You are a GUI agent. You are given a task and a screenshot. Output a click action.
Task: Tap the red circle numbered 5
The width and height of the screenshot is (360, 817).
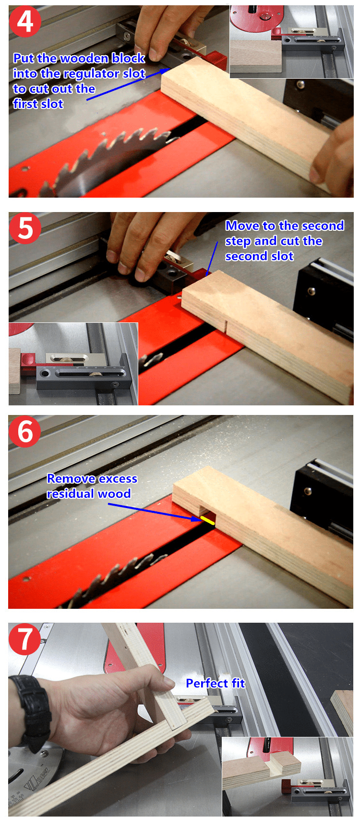(x=25, y=228)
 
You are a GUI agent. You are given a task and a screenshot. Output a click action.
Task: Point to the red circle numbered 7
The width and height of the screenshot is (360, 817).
(x=24, y=639)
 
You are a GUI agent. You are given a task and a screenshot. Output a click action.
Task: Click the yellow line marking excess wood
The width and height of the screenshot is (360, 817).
(x=207, y=520)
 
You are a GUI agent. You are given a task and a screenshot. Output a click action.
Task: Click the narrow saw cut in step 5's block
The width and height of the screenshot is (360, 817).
(x=226, y=325)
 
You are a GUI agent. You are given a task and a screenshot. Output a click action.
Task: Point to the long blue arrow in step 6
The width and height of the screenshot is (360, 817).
(x=154, y=511)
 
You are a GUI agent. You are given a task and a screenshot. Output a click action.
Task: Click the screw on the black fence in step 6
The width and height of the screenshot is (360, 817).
(x=308, y=490)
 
